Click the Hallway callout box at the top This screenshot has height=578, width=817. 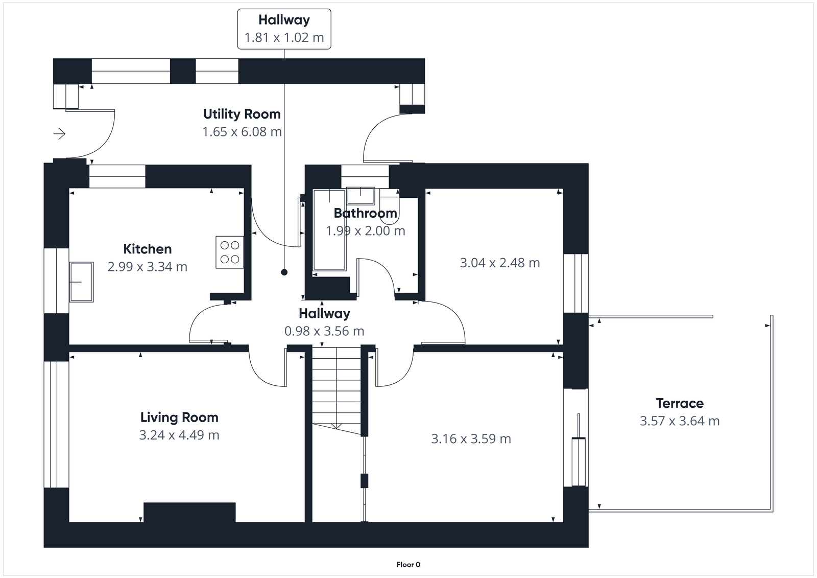pyautogui.click(x=284, y=29)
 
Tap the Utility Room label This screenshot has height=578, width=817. pyautogui.click(x=242, y=114)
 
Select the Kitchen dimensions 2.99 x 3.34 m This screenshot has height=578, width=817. pyautogui.click(x=147, y=267)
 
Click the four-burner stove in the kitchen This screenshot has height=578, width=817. pyautogui.click(x=229, y=252)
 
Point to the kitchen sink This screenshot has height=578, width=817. pyautogui.click(x=81, y=282)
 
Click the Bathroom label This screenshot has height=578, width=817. pyautogui.click(x=365, y=213)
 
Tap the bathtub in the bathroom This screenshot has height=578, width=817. pyautogui.click(x=329, y=230)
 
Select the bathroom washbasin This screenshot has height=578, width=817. pyautogui.click(x=361, y=195)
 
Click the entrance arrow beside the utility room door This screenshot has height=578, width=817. pyautogui.click(x=60, y=134)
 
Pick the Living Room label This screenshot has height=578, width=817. pyautogui.click(x=179, y=418)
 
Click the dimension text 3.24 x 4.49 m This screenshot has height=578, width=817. pyautogui.click(x=179, y=435)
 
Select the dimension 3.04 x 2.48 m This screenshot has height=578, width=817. pyautogui.click(x=499, y=263)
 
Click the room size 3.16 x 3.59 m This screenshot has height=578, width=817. pyautogui.click(x=471, y=439)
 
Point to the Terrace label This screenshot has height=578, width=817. pyautogui.click(x=680, y=403)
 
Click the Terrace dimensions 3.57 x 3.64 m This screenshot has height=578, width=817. pyautogui.click(x=680, y=421)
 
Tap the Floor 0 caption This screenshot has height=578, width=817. pyautogui.click(x=408, y=565)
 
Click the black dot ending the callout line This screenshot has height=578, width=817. pyautogui.click(x=284, y=272)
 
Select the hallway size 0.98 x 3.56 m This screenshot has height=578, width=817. pyautogui.click(x=324, y=331)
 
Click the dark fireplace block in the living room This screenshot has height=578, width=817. pyautogui.click(x=189, y=512)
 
